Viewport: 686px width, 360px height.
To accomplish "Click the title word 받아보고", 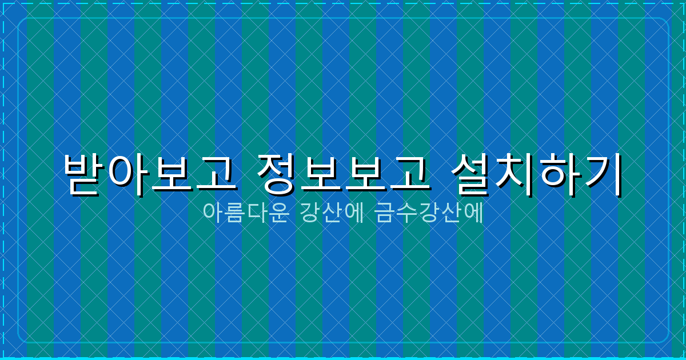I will pos(150,174).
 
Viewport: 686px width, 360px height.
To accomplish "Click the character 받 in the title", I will pos(84,174).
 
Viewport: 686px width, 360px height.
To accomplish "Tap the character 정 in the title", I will pos(278,174).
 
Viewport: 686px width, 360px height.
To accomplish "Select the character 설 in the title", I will pos(472,174).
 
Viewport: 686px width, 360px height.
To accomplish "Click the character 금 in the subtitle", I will pos(385,213).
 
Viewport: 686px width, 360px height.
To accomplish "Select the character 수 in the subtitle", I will pos(407,213).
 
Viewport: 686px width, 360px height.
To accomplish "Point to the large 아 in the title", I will pos(127,174).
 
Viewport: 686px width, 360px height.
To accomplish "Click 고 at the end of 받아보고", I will pos(215,174).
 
